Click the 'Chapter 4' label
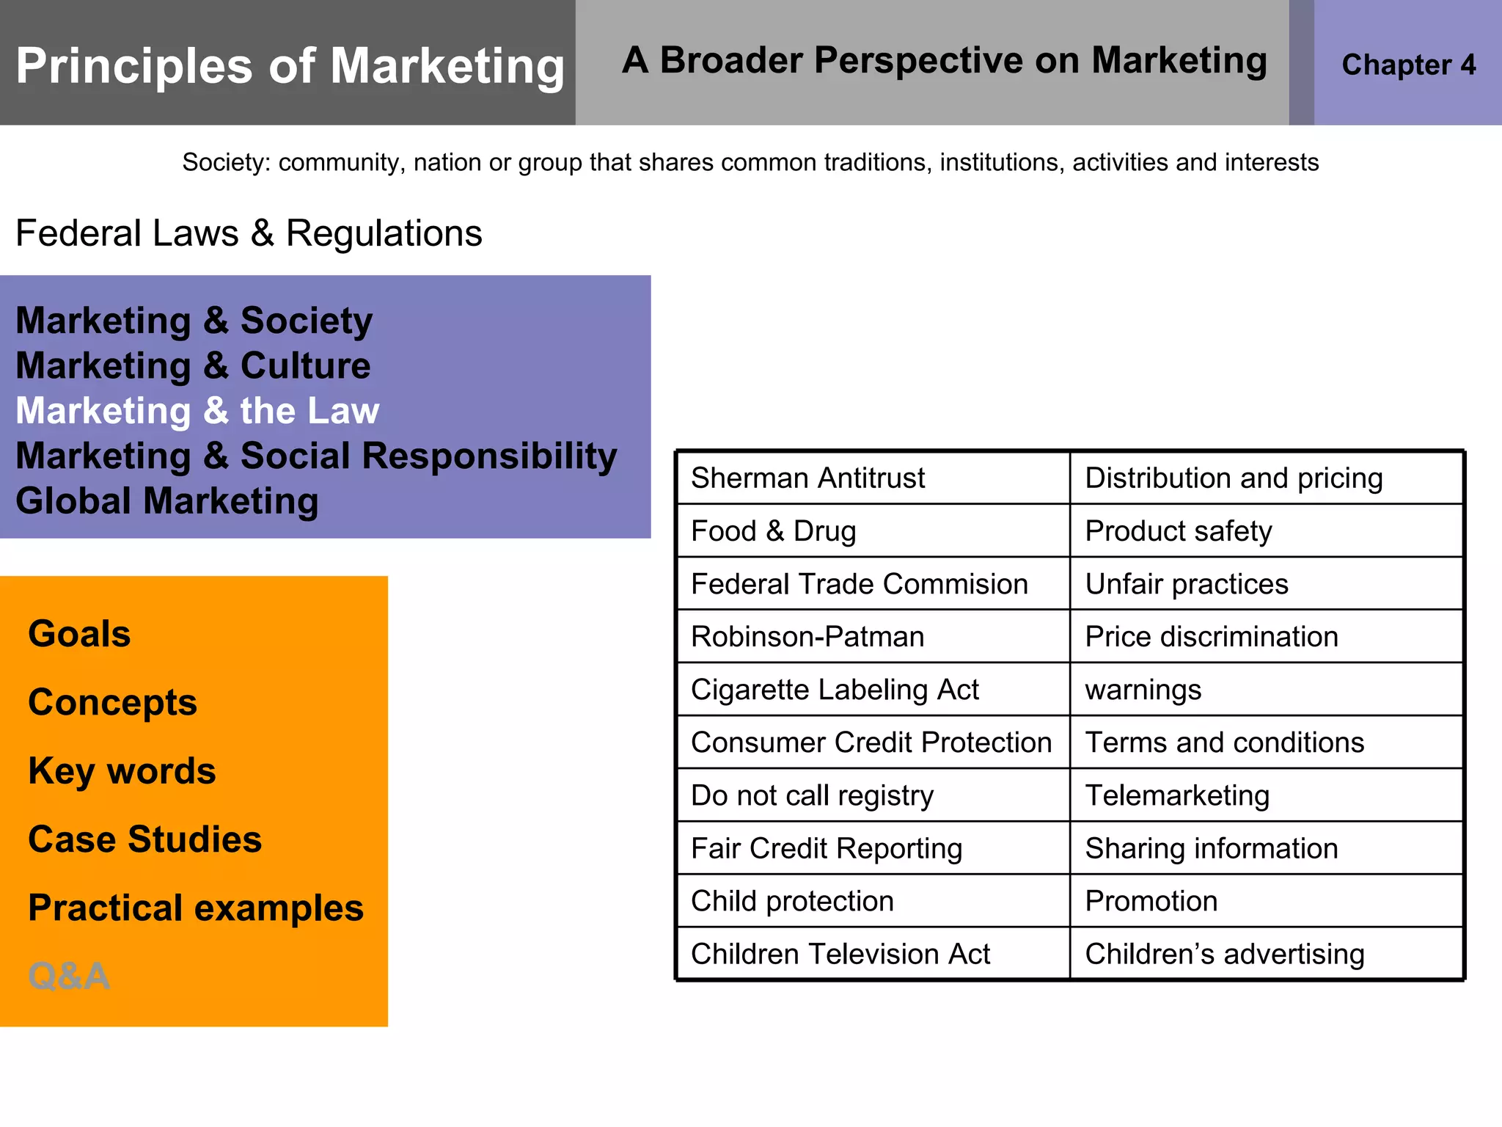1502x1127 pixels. [x=1408, y=65]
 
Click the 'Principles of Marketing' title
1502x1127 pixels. [x=290, y=66]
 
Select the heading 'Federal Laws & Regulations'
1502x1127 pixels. [x=249, y=233]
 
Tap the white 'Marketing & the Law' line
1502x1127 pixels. [x=197, y=411]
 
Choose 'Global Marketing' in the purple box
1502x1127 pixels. [x=167, y=501]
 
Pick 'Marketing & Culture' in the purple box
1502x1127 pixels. [x=193, y=365]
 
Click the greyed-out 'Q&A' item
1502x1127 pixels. [x=68, y=976]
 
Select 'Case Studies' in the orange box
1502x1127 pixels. [x=144, y=839]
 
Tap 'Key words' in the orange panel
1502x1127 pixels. [x=122, y=771]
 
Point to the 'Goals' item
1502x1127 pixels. [x=79, y=634]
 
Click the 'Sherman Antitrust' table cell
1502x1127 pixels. [x=807, y=478]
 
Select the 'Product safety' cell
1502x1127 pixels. [x=1178, y=531]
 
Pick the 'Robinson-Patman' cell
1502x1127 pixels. [x=807, y=637]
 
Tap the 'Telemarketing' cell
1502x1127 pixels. [x=1176, y=795]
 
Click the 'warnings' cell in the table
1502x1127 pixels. [x=1143, y=690]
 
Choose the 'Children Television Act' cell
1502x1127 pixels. [x=840, y=954]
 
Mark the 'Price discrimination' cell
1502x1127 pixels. [x=1211, y=637]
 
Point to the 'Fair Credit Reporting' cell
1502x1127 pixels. [x=826, y=848]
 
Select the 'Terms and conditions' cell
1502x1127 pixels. [x=1224, y=743]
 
